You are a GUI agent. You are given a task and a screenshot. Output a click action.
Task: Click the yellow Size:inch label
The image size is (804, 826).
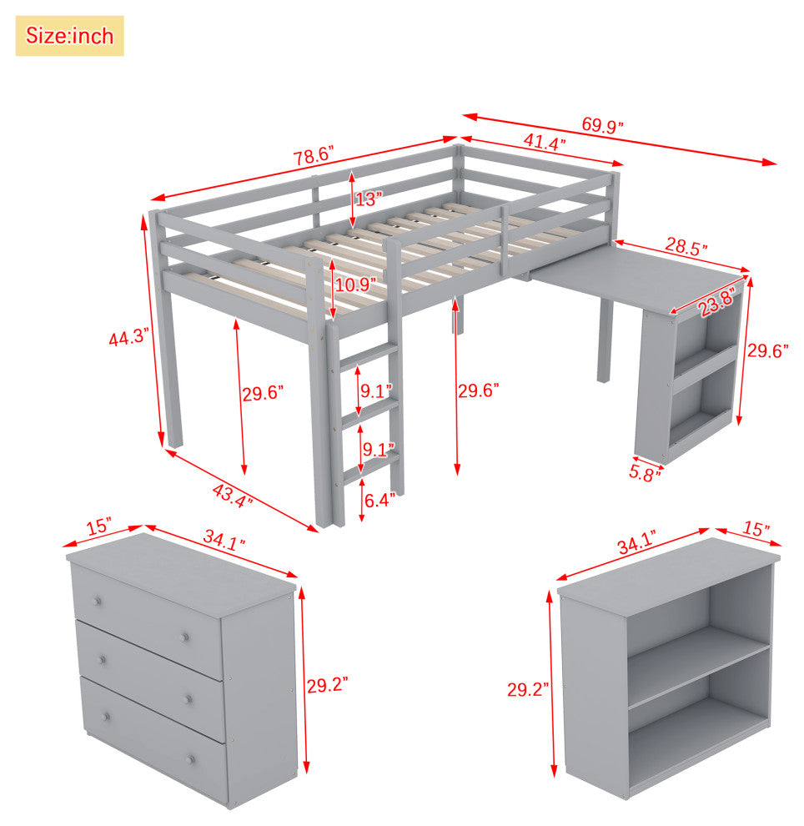[69, 36]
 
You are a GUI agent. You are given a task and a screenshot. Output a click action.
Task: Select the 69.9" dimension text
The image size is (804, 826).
[602, 125]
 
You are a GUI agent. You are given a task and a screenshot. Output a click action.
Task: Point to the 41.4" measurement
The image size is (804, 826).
[545, 142]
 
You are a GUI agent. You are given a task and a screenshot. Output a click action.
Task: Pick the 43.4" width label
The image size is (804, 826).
[232, 496]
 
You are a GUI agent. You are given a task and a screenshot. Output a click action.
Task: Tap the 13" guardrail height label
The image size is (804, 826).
[368, 199]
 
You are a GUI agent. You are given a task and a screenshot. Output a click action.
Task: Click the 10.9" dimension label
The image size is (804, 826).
[355, 285]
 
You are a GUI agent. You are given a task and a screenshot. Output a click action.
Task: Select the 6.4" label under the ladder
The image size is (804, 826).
[379, 500]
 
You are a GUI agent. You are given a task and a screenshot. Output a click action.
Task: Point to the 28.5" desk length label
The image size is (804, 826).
[686, 246]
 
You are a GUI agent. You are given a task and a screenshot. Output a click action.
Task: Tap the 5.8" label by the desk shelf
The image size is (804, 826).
[645, 474]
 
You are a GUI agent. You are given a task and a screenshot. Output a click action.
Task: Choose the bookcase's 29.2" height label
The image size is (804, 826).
[528, 689]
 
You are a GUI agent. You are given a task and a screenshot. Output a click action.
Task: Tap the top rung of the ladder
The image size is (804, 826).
[369, 355]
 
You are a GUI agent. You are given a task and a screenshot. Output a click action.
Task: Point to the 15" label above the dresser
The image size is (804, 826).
[99, 526]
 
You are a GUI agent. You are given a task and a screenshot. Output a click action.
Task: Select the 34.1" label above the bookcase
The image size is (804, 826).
[637, 542]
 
